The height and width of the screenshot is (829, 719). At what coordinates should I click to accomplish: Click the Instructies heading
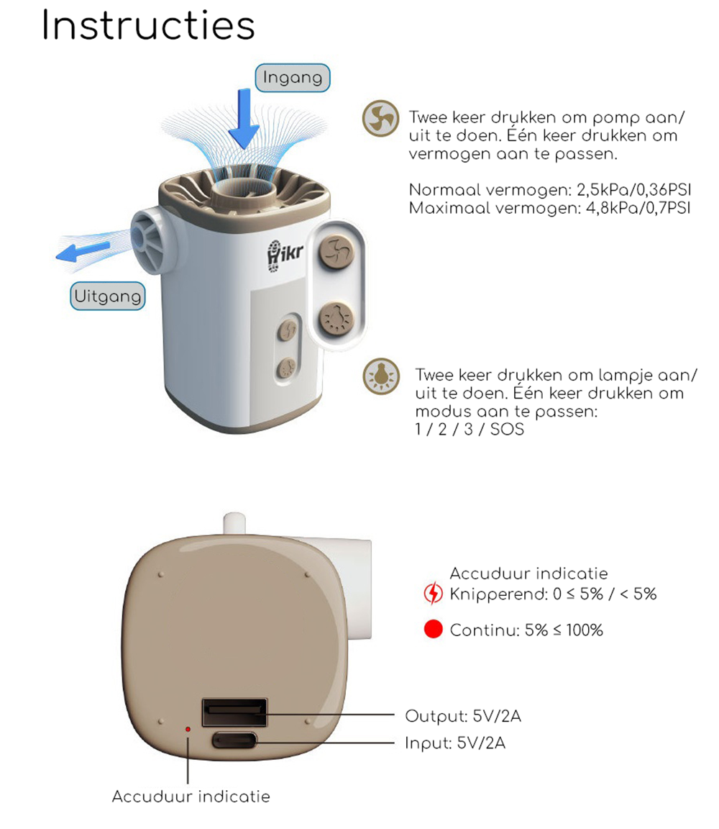pos(148,24)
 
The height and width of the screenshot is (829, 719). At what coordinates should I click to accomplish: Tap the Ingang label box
pos(293,78)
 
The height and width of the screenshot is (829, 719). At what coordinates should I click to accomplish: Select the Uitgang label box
pos(108,296)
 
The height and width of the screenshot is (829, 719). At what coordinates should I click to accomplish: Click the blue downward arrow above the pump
pos(244,119)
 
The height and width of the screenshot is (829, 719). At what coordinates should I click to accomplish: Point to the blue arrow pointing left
pos(83,251)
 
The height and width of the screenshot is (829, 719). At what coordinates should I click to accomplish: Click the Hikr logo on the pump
pos(285,256)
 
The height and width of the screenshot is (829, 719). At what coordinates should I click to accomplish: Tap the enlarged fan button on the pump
pos(336,251)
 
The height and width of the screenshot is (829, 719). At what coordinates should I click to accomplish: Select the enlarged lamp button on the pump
pos(336,319)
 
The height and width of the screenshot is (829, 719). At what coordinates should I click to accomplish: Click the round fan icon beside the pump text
pos(380,119)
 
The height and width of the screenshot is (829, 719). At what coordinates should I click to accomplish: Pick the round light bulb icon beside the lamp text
pos(381,376)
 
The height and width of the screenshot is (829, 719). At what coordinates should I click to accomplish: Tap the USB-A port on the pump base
pos(234,712)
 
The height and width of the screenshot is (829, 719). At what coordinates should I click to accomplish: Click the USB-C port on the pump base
pos(234,740)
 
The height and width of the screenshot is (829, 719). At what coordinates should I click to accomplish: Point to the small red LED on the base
pos(188,729)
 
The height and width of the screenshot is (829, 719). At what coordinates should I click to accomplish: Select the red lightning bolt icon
pos(433,593)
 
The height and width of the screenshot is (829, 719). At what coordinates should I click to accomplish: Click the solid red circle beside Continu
pos(433,629)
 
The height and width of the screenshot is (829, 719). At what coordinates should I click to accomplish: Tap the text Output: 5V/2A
pos(463,717)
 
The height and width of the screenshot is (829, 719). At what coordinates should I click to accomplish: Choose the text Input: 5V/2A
pos(455,743)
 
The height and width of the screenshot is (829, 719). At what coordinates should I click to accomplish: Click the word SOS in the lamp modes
pos(507,429)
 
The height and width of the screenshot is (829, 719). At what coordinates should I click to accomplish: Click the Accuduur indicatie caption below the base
pos(191,796)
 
